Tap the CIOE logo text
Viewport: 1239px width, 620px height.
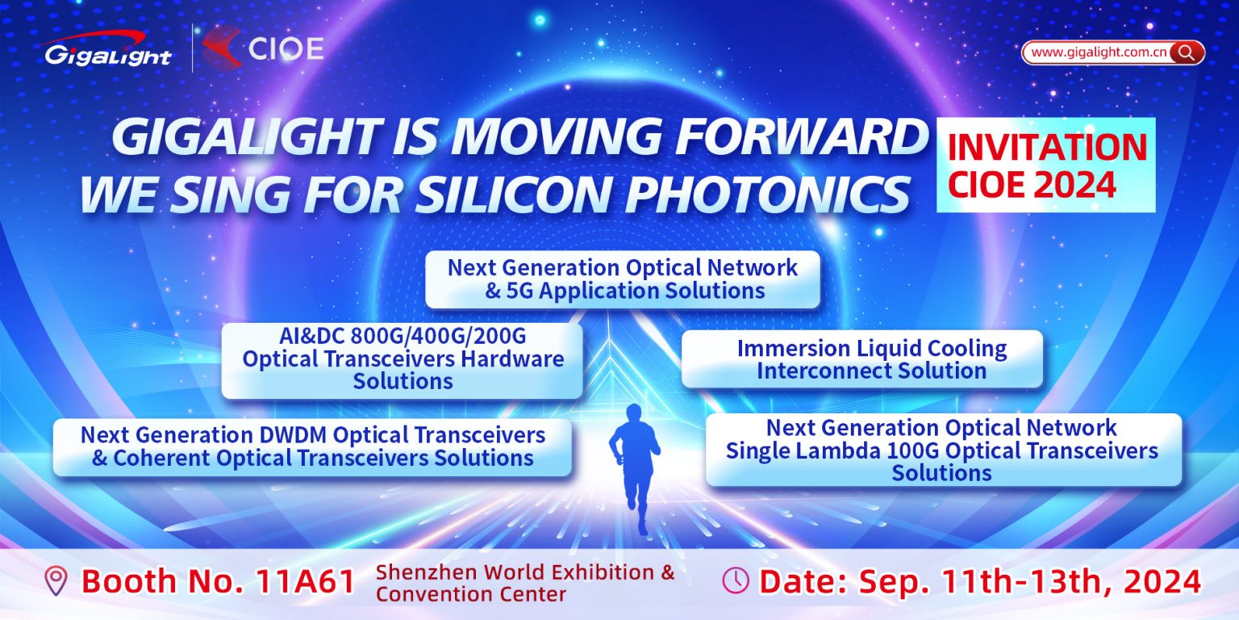tap(286, 49)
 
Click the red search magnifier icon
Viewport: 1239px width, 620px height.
tap(1186, 52)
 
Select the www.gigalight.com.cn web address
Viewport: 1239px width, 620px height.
tap(1099, 52)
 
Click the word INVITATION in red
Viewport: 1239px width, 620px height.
tap(1047, 147)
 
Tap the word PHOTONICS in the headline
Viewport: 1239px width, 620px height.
tap(768, 194)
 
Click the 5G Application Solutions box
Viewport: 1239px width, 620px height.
tap(622, 279)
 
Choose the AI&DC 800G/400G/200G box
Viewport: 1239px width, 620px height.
tap(403, 360)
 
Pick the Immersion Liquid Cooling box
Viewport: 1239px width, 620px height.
tap(861, 359)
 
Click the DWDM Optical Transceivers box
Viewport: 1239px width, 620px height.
tap(312, 447)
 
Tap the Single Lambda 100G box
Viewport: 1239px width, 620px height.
tap(944, 450)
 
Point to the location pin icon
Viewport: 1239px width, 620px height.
tap(56, 580)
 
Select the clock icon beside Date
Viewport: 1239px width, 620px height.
tap(736, 580)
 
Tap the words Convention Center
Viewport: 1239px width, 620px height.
tap(471, 594)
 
